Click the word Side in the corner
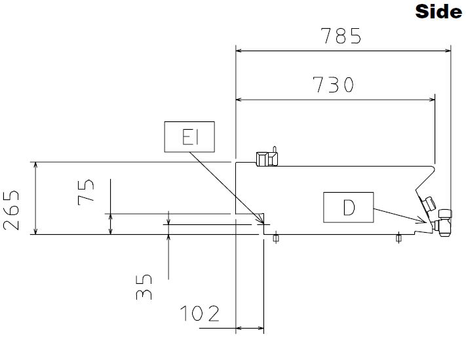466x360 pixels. [438, 12]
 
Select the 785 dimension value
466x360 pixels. [341, 36]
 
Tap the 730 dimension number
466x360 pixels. [333, 85]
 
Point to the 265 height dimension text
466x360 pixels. [11, 210]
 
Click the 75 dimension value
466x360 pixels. [86, 192]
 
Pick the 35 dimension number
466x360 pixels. [144, 287]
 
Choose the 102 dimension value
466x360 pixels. [200, 313]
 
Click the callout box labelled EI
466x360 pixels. [189, 137]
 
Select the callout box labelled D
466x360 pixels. [348, 207]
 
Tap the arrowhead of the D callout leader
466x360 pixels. [423, 220]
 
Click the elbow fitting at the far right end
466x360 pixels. [443, 223]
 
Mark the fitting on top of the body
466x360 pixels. [267, 159]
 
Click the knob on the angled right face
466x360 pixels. [429, 204]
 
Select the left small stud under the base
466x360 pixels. [276, 238]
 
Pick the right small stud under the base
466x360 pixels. [398, 238]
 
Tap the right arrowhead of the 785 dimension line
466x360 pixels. [448, 51]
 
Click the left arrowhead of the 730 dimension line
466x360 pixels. [239, 100]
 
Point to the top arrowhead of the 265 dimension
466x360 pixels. [35, 166]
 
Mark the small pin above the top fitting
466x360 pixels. [275, 150]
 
